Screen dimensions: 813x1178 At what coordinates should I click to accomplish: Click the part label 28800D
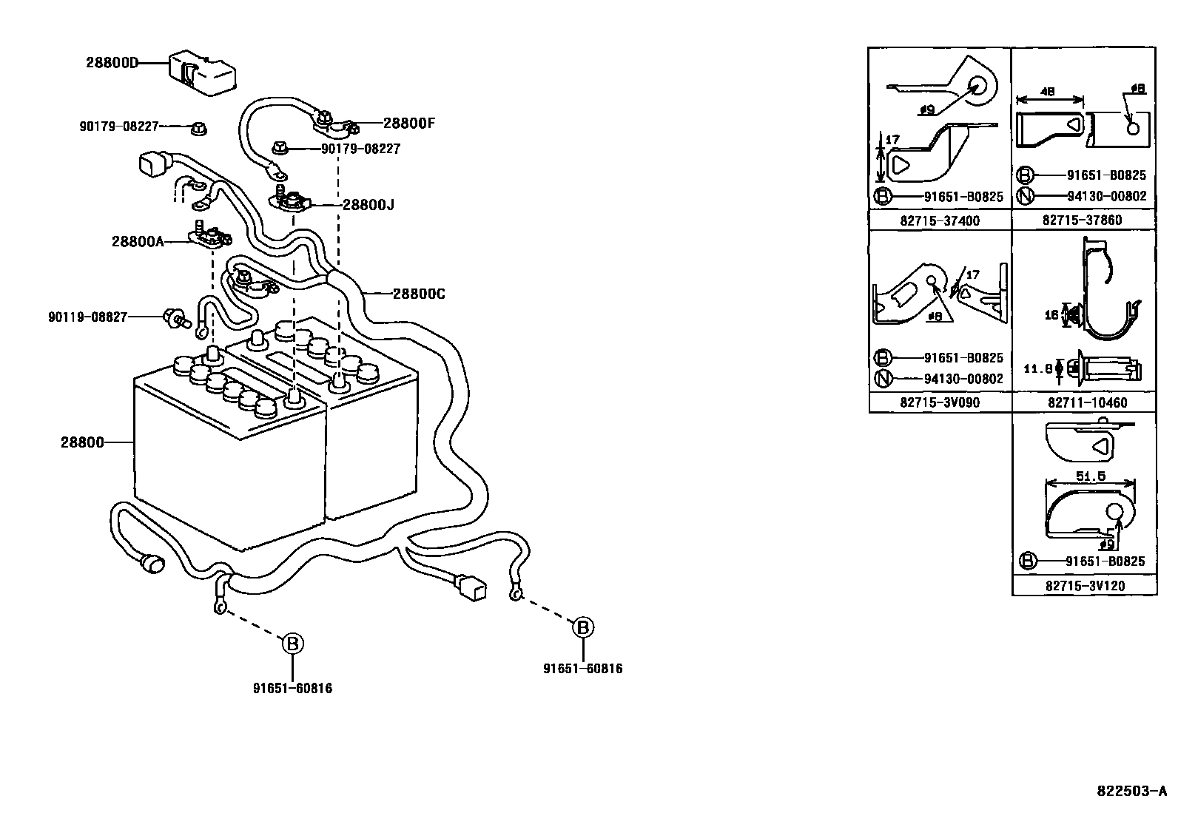pos(112,63)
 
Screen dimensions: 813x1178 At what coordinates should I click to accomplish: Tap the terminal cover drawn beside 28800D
pos(202,72)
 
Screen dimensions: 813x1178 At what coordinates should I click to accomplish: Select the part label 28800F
pos(409,124)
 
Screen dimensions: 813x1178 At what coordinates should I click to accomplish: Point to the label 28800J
pos(368,205)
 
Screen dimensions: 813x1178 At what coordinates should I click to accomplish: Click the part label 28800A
pos(138,240)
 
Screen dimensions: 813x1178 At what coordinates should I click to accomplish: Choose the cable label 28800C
pos(418,294)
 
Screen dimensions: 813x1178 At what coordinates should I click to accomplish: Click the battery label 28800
pos(81,443)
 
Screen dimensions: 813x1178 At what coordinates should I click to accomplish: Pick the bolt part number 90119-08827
pos(88,317)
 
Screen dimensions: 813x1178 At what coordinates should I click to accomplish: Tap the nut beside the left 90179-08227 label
pos(198,129)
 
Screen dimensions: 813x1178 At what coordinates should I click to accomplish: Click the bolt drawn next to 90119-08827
pos(174,319)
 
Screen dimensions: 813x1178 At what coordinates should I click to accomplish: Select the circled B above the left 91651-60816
pos(293,644)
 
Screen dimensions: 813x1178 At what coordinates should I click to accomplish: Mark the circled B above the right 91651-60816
pos(583,627)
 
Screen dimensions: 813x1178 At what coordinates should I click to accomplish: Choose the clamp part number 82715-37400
pos(939,220)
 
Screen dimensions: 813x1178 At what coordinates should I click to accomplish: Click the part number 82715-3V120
pos(1086,585)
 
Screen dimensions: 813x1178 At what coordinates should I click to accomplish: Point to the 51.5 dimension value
pos(1091,477)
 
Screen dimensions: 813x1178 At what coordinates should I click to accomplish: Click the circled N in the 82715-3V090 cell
pos(883,379)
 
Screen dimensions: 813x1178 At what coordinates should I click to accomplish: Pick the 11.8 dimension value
pos(1037,368)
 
